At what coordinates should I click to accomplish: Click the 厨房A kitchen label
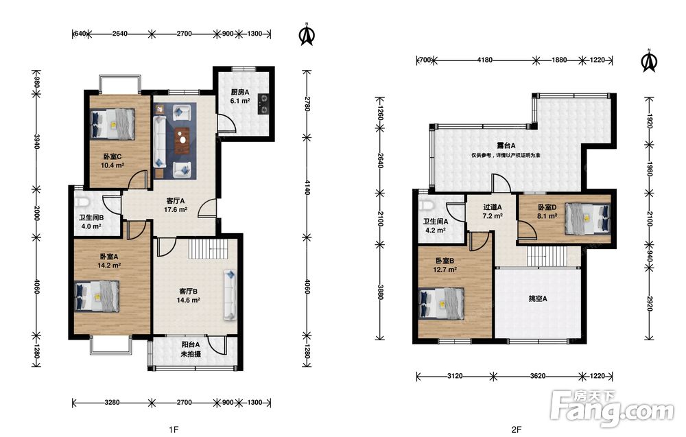[240, 93]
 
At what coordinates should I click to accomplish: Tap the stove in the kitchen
[264, 104]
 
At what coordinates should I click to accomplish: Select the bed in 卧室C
[113, 123]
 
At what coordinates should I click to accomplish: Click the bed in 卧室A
[97, 296]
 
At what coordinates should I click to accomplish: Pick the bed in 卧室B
[441, 304]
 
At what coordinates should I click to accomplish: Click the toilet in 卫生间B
[82, 202]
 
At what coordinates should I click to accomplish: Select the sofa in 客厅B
[230, 295]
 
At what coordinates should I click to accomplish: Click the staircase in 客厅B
[209, 249]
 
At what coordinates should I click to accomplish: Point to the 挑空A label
[538, 299]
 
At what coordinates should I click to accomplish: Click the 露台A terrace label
[506, 145]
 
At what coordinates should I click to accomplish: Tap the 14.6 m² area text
[189, 300]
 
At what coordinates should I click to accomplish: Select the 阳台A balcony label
[191, 344]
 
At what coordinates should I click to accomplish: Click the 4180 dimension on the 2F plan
[485, 60]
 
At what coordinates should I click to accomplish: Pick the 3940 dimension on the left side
[37, 141]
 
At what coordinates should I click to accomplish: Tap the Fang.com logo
[613, 409]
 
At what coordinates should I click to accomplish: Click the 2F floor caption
[517, 429]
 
